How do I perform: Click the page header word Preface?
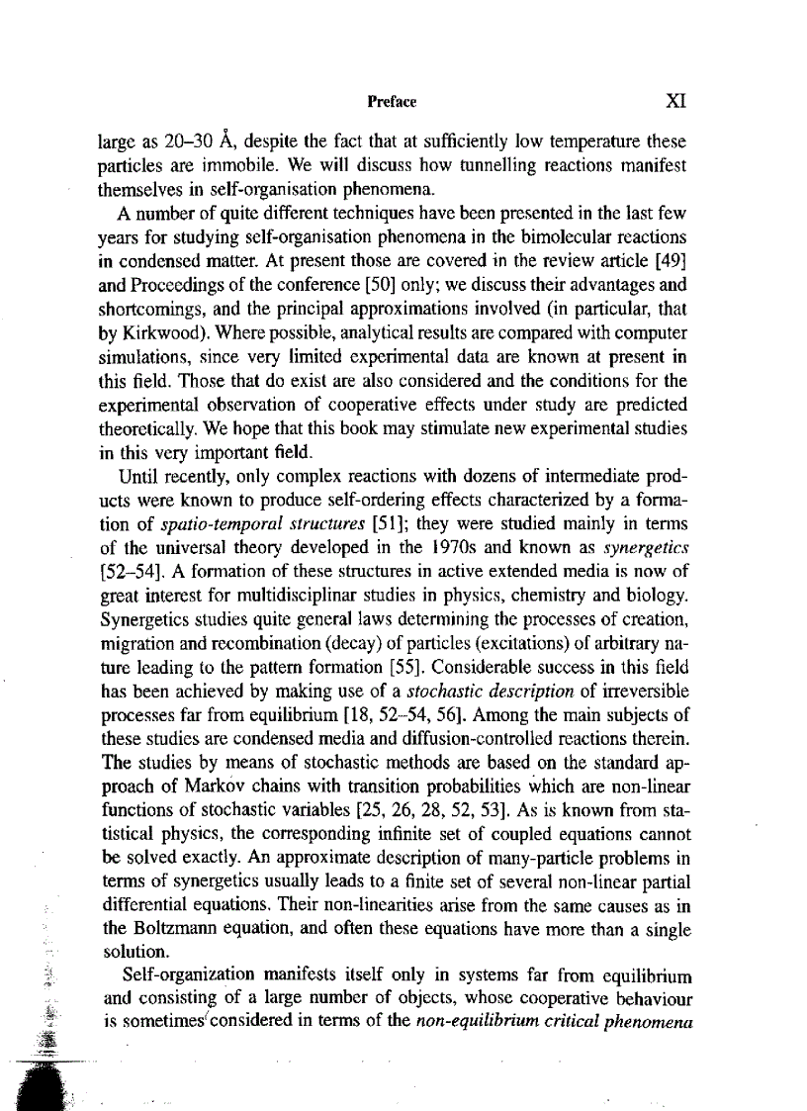(392, 102)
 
